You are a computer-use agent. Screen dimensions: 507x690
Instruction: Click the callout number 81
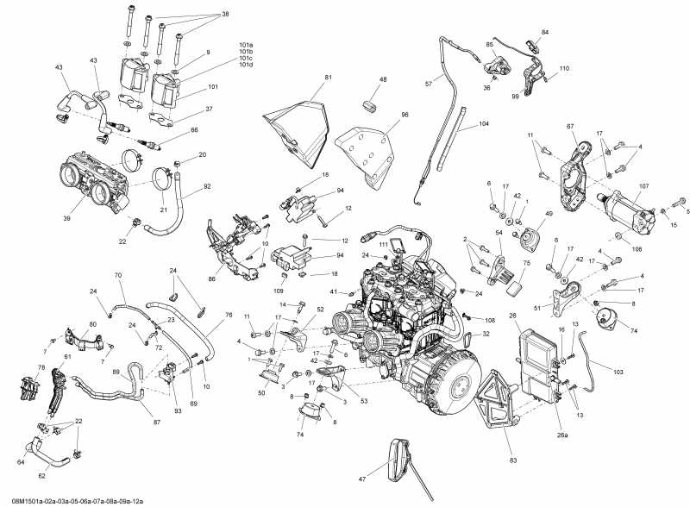coord(328,78)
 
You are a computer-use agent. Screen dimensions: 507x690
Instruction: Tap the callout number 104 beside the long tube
coord(484,125)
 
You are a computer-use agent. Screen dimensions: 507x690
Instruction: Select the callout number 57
coord(428,84)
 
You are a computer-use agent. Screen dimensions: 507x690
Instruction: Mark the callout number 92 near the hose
coord(207,185)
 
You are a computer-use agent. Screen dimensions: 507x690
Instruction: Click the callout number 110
coord(564,68)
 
